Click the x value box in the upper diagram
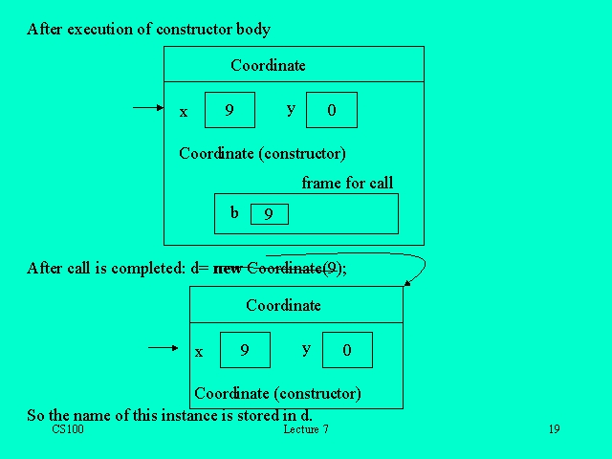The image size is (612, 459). click(230, 110)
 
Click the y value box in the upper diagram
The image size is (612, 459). click(331, 110)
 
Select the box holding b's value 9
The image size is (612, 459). click(269, 214)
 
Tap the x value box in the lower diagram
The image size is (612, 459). click(245, 350)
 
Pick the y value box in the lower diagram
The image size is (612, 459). click(346, 350)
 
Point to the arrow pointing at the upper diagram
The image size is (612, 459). click(148, 108)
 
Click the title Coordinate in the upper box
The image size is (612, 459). click(268, 66)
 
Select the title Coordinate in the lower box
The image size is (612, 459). click(283, 306)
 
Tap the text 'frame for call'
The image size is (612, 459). click(347, 184)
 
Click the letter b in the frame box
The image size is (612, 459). click(234, 212)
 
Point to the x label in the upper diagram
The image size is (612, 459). click(184, 112)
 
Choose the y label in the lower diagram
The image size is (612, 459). click(306, 349)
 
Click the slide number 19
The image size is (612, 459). click(554, 429)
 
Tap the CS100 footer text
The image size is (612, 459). click(69, 429)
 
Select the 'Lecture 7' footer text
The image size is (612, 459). click(306, 429)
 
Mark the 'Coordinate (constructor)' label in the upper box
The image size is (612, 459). click(262, 153)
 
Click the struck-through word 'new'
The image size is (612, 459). click(229, 269)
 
